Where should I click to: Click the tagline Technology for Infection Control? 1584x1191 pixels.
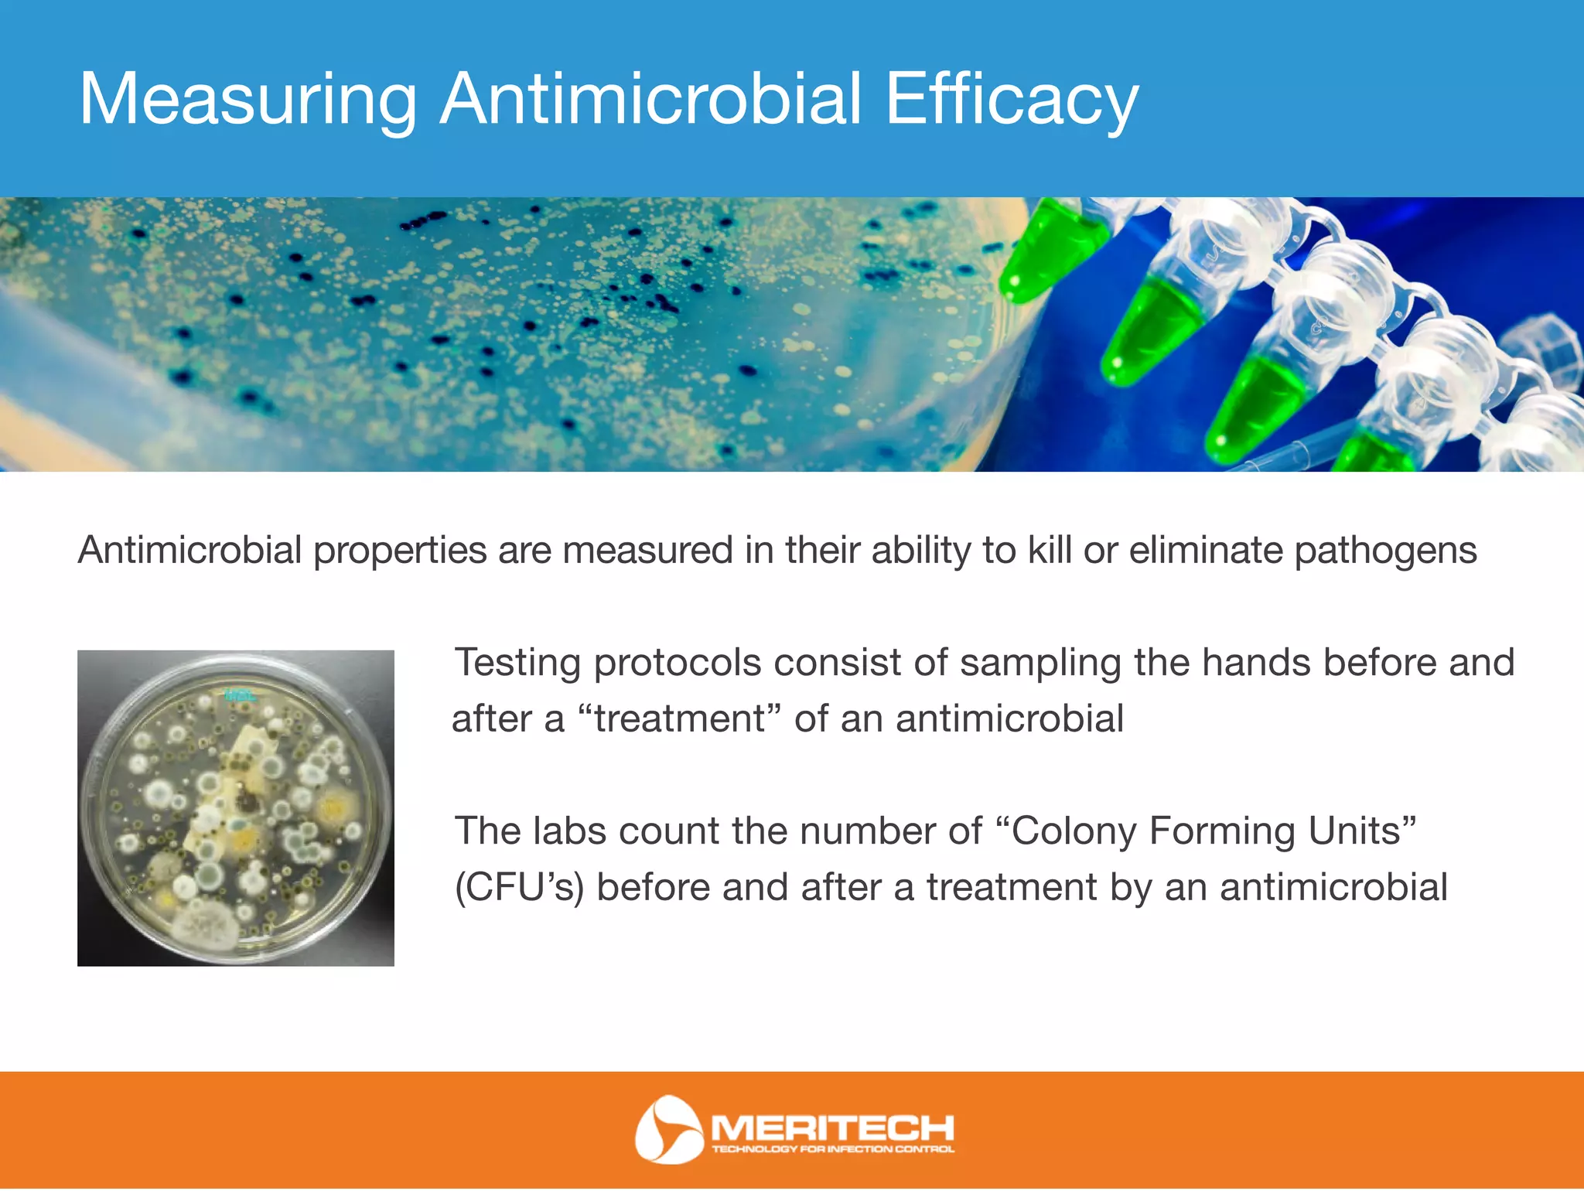point(832,1149)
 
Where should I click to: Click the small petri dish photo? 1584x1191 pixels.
point(236,808)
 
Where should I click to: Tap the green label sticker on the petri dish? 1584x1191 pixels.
point(237,694)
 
